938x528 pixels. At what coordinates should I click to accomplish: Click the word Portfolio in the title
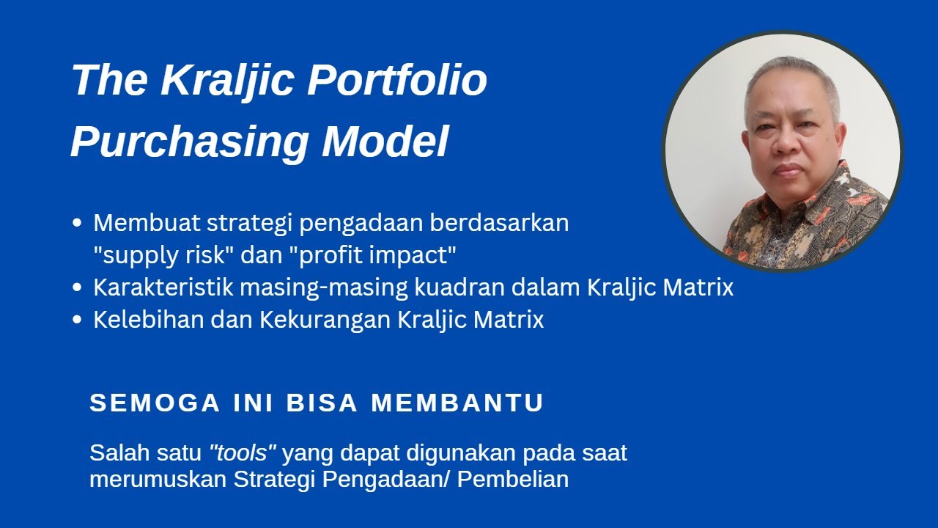click(x=396, y=81)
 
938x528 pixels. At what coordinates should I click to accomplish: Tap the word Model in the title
click(x=385, y=142)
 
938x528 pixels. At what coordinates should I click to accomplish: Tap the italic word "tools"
click(x=242, y=453)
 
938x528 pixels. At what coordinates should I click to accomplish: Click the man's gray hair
click(x=791, y=73)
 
